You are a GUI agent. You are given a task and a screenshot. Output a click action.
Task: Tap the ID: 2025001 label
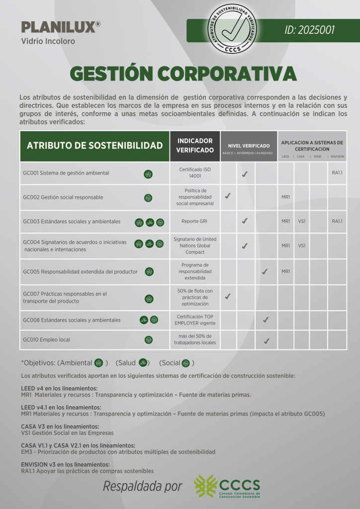tap(309, 30)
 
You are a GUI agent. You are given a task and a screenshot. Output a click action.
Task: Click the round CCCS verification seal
tap(233, 29)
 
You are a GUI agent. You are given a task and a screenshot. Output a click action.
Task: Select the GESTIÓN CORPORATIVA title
tap(183, 74)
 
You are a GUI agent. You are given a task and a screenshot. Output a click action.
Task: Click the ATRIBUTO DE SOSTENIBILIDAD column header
tap(94, 146)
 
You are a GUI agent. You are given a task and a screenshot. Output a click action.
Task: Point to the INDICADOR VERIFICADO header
tap(195, 146)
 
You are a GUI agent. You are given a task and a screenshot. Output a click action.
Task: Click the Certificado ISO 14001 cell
tap(195, 173)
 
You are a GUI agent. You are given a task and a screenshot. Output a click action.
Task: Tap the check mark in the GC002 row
tap(227, 196)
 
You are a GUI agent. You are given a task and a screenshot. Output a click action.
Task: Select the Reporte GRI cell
tap(195, 221)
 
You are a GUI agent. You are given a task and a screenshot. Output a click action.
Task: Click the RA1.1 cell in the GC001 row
tap(337, 173)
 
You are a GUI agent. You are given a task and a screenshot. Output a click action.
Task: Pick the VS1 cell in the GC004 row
tap(301, 246)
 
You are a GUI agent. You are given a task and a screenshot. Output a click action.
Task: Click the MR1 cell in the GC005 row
tap(285, 271)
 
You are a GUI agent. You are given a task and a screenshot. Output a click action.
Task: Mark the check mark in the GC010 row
tap(266, 340)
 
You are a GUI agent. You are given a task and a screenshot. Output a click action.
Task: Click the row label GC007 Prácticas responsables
tap(65, 297)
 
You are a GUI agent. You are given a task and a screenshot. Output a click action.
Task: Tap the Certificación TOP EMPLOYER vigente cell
tap(195, 320)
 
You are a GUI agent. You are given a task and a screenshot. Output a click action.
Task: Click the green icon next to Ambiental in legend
tap(98, 363)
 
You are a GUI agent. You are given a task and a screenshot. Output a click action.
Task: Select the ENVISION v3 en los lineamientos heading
tap(58, 464)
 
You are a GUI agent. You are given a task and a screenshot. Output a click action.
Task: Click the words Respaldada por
tap(142, 486)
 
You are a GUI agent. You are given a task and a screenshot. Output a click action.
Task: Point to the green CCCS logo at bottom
tap(227, 486)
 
